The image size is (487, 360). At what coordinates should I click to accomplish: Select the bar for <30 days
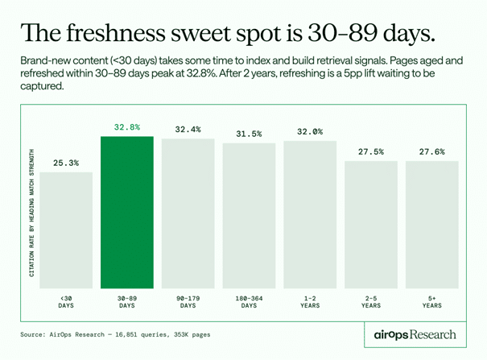pyautogui.click(x=66, y=230)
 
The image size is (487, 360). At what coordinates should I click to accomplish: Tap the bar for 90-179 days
pyautogui.click(x=188, y=213)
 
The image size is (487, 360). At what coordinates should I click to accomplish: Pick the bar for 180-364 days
pyautogui.click(x=249, y=215)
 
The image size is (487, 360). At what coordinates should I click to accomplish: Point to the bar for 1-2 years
pyautogui.click(x=310, y=214)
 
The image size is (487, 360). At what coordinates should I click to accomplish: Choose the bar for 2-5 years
pyautogui.click(x=371, y=224)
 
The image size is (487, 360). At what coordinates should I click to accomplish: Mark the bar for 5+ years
pyautogui.click(x=431, y=224)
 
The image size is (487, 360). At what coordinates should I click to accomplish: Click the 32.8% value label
pyautogui.click(x=126, y=127)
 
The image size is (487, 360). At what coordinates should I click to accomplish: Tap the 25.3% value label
pyautogui.click(x=66, y=163)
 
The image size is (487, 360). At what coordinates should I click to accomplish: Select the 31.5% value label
pyautogui.click(x=249, y=134)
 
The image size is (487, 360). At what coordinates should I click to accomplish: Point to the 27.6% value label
pyautogui.click(x=431, y=151)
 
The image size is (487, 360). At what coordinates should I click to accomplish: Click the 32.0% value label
pyautogui.click(x=310, y=131)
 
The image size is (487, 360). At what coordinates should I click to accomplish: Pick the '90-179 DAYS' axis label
pyautogui.click(x=188, y=301)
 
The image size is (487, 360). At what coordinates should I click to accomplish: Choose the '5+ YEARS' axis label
pyautogui.click(x=431, y=301)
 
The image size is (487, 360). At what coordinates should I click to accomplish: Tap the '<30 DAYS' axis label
pyautogui.click(x=66, y=301)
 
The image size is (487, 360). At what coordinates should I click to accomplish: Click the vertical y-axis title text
pyautogui.click(x=32, y=213)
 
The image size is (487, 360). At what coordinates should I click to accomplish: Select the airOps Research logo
pyautogui.click(x=415, y=333)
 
